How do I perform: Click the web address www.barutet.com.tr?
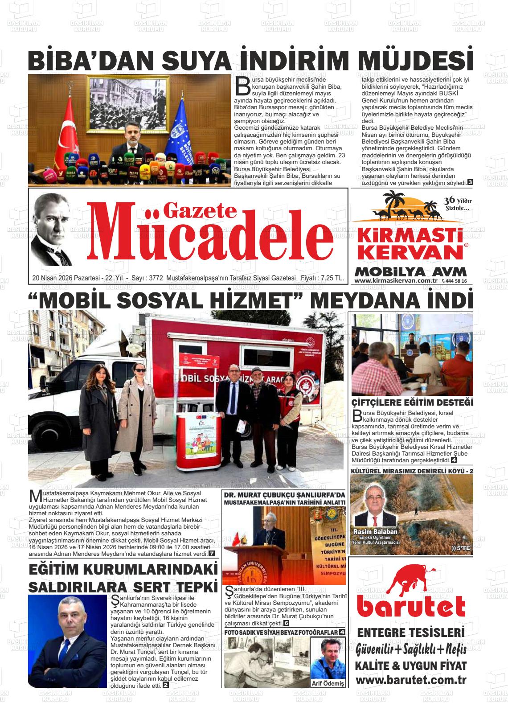tap(411, 680)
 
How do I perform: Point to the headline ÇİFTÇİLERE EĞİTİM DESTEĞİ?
tap(412, 402)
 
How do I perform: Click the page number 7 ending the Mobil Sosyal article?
tap(211, 554)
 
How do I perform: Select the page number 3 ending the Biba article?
tap(470, 182)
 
